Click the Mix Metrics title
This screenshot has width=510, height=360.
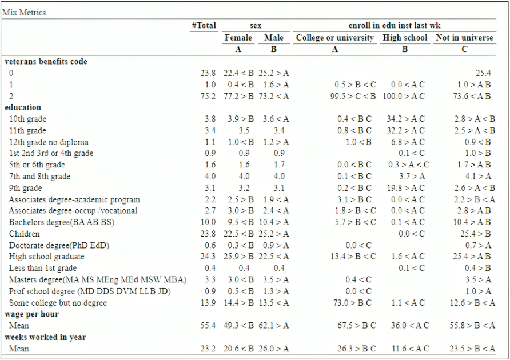(25, 12)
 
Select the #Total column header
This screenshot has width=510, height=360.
(204, 26)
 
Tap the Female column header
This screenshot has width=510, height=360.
(238, 38)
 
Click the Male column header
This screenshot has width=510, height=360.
(274, 38)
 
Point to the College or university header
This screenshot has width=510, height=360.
(335, 38)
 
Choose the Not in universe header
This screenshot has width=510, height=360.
(464, 38)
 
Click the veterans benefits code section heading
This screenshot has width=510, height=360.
(46, 61)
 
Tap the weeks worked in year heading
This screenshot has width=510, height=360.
(45, 337)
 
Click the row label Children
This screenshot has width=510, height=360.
(25, 234)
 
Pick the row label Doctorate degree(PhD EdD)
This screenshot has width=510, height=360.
(59, 245)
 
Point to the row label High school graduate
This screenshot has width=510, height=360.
(47, 257)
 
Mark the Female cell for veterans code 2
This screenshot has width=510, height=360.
(238, 96)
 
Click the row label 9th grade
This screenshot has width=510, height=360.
(26, 188)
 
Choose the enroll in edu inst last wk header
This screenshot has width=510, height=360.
(395, 26)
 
